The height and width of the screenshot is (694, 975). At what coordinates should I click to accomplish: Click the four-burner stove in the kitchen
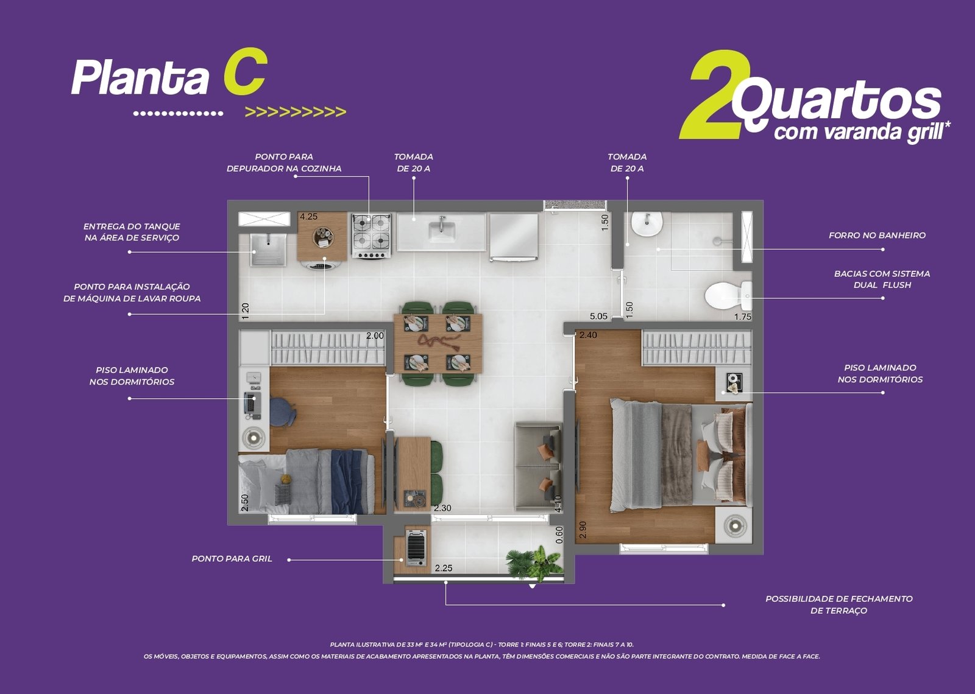(x=371, y=236)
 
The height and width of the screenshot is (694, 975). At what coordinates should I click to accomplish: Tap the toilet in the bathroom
(x=728, y=296)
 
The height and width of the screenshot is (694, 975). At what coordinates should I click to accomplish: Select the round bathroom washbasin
(x=647, y=224)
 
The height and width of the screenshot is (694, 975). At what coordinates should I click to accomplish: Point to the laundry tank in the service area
(x=268, y=250)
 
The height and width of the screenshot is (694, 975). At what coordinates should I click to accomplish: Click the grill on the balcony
(x=416, y=548)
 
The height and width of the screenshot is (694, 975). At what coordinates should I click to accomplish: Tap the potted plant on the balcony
(x=534, y=564)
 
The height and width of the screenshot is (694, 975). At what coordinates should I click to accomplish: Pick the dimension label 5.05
(x=598, y=317)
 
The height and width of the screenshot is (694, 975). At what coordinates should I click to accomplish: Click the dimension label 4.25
(x=308, y=217)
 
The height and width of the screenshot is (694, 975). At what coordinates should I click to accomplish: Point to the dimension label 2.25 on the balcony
(x=444, y=568)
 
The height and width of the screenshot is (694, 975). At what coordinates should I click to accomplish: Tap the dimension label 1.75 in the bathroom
(x=743, y=317)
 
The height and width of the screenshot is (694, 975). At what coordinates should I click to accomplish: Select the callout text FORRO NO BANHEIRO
(x=877, y=235)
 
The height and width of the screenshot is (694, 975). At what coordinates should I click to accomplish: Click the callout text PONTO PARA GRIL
(x=232, y=559)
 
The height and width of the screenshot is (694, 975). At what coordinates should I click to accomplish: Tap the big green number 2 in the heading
(x=714, y=94)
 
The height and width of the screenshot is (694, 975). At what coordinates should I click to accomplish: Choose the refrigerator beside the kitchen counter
(x=514, y=237)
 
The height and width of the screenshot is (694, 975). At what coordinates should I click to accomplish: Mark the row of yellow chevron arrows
(x=296, y=112)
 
